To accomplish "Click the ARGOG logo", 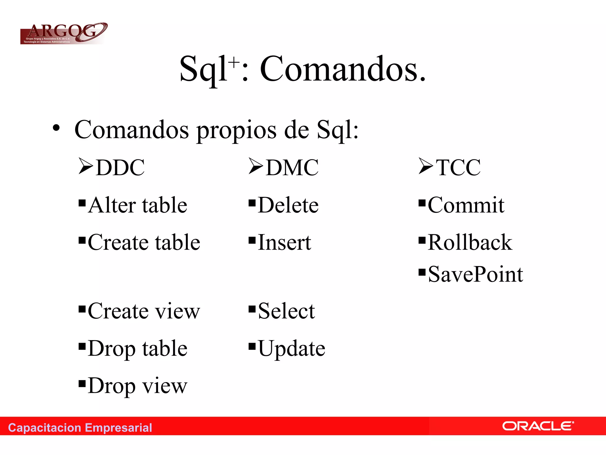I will pos(63,33).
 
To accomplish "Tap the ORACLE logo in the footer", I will pos(538,426).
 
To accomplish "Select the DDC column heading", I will pos(120,168).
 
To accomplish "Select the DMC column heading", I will pos(292,168).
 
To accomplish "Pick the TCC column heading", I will pos(458,168).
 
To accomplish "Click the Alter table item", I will pos(137,205).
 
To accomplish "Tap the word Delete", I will pos(288,205).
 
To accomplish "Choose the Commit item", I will pos(466,205).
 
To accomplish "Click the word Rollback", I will pos(470,242).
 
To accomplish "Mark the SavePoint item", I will pos(475,274).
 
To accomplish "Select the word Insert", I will pos(284,242).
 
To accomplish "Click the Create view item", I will pos(144,311).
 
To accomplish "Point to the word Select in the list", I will pos(286,311).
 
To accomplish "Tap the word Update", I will pos(291,348).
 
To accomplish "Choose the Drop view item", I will pos(137,386).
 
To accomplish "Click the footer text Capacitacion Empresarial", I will pos(80,428).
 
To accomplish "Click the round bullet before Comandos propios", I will pos(56,128).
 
